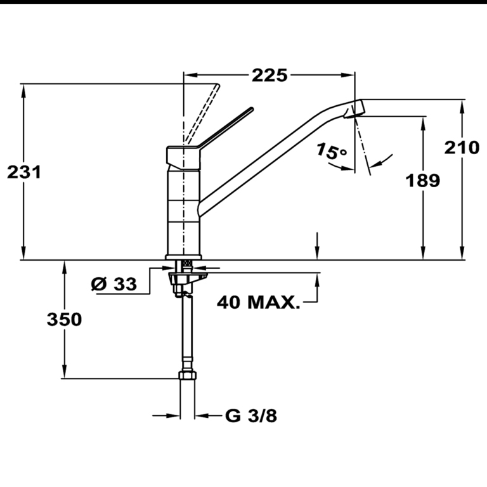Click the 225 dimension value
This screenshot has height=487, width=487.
pyautogui.click(x=269, y=75)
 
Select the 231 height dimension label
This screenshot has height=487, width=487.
pyautogui.click(x=24, y=171)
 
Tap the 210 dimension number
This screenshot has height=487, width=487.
pyautogui.click(x=461, y=148)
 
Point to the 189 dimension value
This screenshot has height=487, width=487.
pyautogui.click(x=422, y=181)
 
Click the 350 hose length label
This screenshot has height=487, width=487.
pyautogui.click(x=64, y=320)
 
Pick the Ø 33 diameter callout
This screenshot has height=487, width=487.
pyautogui.click(x=114, y=285)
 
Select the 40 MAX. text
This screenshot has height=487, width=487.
pyautogui.click(x=258, y=302)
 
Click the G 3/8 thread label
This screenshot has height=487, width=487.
pyautogui.click(x=251, y=416)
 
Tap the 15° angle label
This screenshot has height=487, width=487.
pyautogui.click(x=332, y=152)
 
